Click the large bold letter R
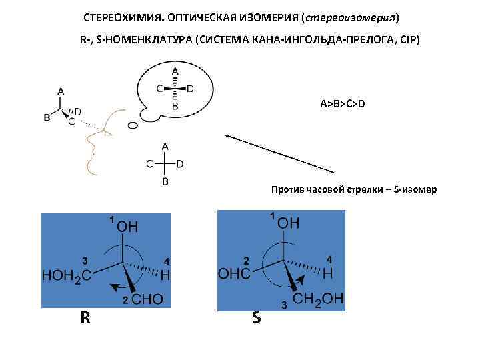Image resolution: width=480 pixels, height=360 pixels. click(85, 317)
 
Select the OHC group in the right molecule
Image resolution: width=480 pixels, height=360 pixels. click(234, 273)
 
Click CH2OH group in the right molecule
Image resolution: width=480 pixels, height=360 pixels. click(319, 301)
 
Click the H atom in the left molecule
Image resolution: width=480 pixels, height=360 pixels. click(165, 274)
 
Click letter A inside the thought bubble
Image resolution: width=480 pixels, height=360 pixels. click(175, 71)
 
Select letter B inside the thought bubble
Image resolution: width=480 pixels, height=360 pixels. click(175, 105)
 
